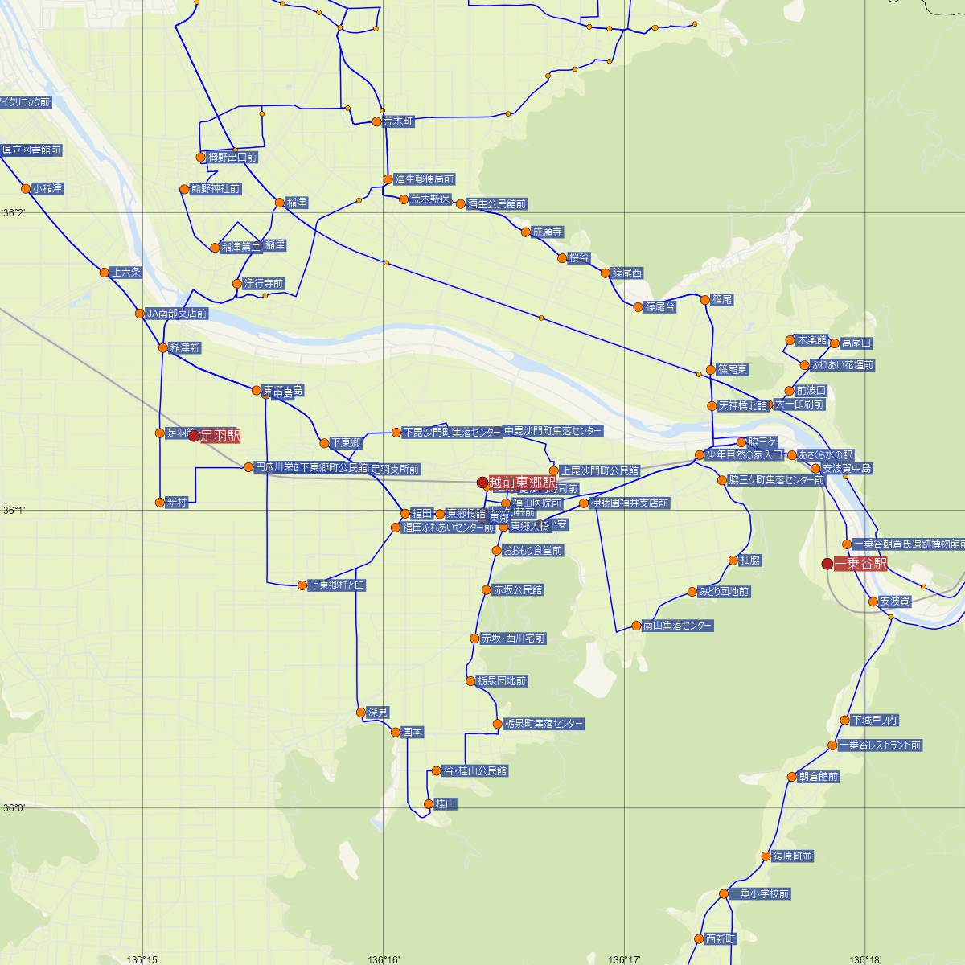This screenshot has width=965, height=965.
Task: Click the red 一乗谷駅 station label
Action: (x=861, y=564)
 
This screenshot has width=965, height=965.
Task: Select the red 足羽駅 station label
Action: (x=220, y=435)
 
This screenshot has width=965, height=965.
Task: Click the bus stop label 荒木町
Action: (x=398, y=121)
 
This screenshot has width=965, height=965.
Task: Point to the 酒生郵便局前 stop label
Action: (x=425, y=179)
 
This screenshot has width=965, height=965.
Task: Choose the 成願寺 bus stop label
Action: (x=548, y=232)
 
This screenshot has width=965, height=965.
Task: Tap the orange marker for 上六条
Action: (x=104, y=273)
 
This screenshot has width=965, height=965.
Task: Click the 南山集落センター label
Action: (x=677, y=625)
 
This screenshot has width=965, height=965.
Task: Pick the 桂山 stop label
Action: (x=446, y=803)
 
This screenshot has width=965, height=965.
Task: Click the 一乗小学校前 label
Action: (x=760, y=893)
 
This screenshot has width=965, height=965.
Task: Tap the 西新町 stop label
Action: (x=720, y=938)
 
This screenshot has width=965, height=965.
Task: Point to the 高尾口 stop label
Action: (x=856, y=343)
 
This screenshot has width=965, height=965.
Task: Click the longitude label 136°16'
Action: (x=384, y=959)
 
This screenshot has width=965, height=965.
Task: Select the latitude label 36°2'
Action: (x=14, y=212)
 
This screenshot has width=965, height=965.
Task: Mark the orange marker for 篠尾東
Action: (x=711, y=370)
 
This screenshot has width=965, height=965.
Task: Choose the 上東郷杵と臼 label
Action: (x=337, y=585)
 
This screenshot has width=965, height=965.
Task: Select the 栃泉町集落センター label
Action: (x=544, y=724)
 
